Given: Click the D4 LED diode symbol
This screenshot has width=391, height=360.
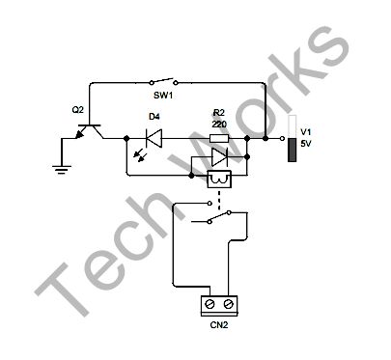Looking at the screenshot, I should (152, 138).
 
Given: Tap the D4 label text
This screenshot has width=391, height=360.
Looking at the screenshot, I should (153, 116).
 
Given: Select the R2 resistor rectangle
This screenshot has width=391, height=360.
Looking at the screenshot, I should (219, 138).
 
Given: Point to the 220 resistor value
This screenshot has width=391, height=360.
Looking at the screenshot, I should (218, 124).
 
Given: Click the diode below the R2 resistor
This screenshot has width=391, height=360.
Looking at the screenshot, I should (220, 155).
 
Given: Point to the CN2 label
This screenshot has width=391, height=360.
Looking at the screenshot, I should (219, 325).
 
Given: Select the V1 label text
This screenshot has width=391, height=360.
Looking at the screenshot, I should (306, 131).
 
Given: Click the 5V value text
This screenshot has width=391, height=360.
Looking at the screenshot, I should (306, 144).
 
